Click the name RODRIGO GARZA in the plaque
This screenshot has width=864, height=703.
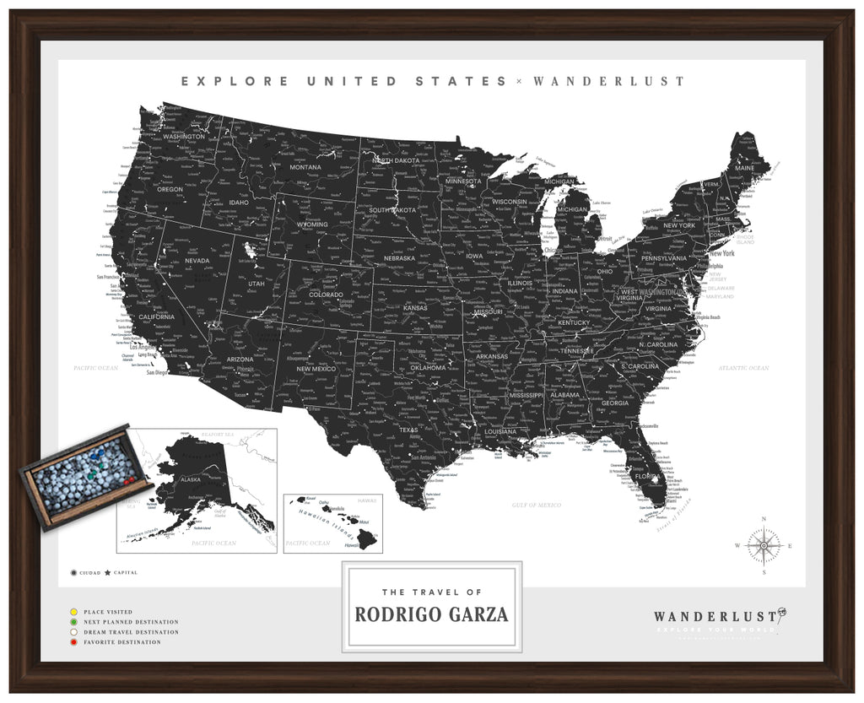click(x=431, y=614)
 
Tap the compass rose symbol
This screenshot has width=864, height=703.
click(x=764, y=545)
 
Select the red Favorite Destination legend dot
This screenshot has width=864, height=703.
click(x=75, y=642)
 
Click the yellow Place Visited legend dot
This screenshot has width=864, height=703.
click(x=75, y=612)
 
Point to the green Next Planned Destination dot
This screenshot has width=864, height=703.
click(x=75, y=622)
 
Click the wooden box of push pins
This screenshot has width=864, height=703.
click(x=84, y=476)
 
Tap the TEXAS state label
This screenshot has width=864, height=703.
click(x=408, y=430)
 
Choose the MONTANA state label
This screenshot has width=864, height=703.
click(x=305, y=167)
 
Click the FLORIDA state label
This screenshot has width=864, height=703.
click(x=647, y=476)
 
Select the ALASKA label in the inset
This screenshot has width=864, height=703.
click(x=191, y=479)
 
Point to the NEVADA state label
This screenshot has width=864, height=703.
click(x=197, y=261)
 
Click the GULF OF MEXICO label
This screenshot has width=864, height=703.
click(x=537, y=504)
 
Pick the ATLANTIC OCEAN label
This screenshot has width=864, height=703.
click(x=743, y=368)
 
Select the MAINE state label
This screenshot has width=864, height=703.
click(x=745, y=168)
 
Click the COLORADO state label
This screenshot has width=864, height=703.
click(x=326, y=295)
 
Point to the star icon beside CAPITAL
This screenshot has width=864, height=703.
click(x=108, y=573)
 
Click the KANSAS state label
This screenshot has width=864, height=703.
click(x=414, y=308)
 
